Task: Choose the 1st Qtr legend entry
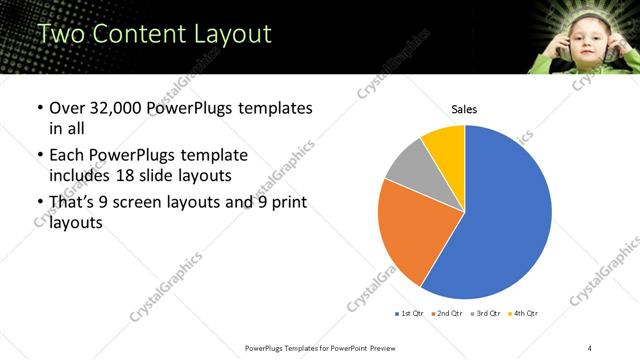[x=411, y=314]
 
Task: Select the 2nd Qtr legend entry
[x=446, y=314]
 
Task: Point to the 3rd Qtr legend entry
[x=485, y=314]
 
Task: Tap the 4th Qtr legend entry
[x=523, y=314]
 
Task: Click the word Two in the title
[x=61, y=33]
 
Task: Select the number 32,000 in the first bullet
[x=111, y=108]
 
